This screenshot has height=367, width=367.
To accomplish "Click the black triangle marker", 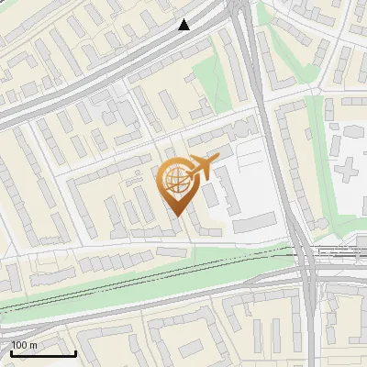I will [x=184, y=25].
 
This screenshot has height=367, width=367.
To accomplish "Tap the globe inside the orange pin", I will [x=175, y=181].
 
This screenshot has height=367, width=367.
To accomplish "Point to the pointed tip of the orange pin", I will [x=175, y=216].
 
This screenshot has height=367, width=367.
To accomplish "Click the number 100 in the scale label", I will [x=18, y=345].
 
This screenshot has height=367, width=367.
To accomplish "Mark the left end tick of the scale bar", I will [x=11, y=352].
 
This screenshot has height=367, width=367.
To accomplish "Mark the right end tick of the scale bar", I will [x=75, y=352].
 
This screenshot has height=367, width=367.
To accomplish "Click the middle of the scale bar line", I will [x=43, y=354].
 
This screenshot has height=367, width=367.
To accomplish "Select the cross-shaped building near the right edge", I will [x=350, y=168].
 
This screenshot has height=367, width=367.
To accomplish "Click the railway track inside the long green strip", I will [x=138, y=275].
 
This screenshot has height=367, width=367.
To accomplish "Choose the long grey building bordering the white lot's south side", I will [x=254, y=222].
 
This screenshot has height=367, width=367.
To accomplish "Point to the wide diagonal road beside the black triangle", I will [x=138, y=50].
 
